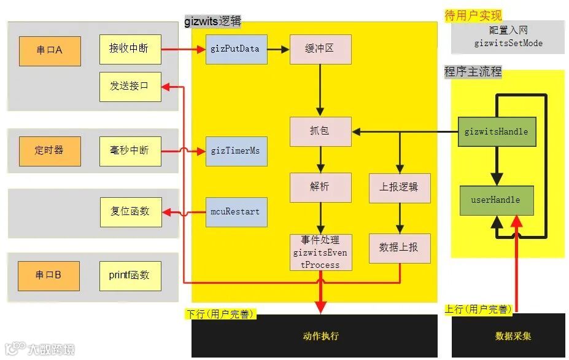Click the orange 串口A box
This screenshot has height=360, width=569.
(50, 51)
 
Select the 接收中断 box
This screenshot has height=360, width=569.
(130, 49)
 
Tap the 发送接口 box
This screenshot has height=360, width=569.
(130, 86)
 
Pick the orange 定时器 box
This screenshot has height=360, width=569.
(50, 151)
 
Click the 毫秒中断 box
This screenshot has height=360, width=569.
(130, 151)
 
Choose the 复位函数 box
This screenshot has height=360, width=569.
(130, 211)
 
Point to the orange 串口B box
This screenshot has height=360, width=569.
(50, 275)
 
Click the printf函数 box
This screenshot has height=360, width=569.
(130, 275)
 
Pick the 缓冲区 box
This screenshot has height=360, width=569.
(320, 49)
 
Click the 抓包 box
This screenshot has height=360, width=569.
(320, 131)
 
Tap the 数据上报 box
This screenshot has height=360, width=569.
(400, 248)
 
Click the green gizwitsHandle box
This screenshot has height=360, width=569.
(496, 131)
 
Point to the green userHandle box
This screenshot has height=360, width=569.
(496, 200)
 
